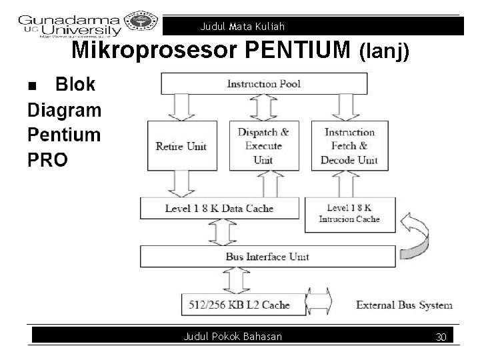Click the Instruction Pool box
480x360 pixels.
click(264, 83)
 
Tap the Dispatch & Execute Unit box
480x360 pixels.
click(263, 146)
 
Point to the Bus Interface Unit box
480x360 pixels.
click(267, 257)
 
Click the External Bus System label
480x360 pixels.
click(404, 305)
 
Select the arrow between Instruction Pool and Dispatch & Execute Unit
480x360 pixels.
click(263, 106)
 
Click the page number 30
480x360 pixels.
click(441, 337)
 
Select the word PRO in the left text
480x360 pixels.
click(47, 160)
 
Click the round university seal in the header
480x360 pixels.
click(143, 22)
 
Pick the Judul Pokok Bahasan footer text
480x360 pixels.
click(233, 337)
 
